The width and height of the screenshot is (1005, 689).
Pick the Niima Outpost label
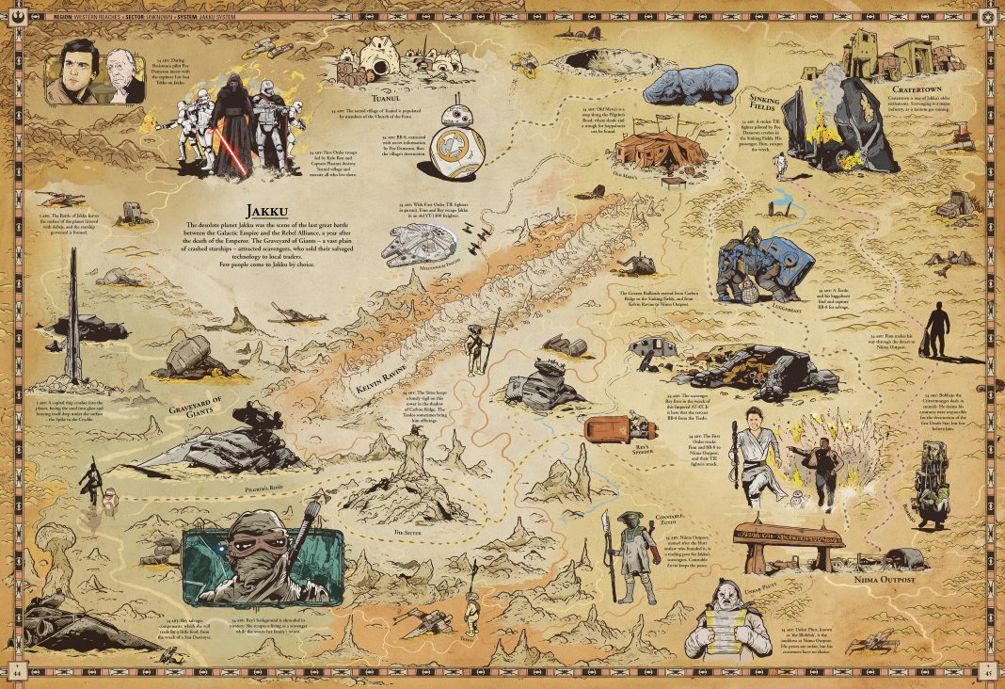pyautogui.click(x=884, y=580)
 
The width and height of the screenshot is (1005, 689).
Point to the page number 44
pyautogui.click(x=17, y=672)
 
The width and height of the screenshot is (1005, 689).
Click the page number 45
pyautogui.click(x=987, y=672)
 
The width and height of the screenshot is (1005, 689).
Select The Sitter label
pyautogui.click(x=407, y=532)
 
